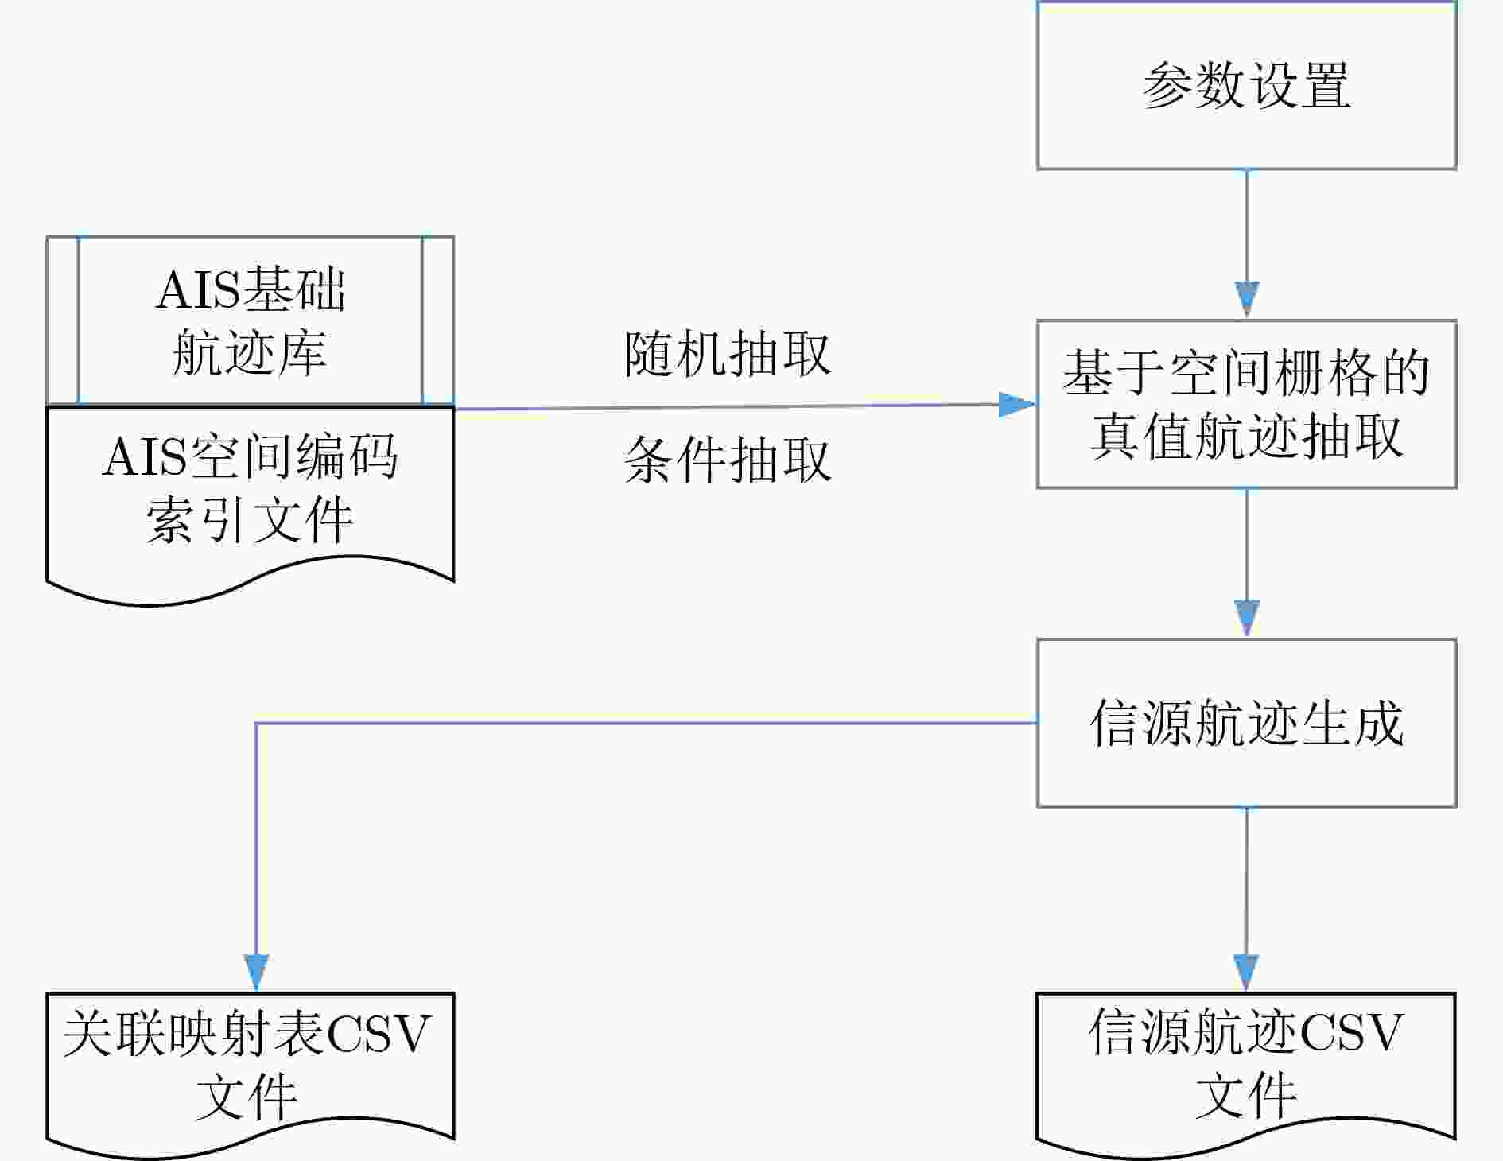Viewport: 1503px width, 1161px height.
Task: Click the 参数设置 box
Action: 1246,85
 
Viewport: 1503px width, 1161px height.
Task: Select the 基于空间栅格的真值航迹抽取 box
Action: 1246,404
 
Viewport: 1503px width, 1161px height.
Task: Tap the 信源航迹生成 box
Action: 1246,723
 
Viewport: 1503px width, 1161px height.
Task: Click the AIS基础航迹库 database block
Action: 250,320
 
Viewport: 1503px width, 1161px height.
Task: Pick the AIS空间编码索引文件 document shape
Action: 250,493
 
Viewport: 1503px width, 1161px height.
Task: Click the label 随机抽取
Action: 728,354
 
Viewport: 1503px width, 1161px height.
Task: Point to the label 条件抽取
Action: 728,460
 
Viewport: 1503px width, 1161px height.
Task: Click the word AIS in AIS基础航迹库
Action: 197,289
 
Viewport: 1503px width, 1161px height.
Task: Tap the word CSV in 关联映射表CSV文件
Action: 379,1034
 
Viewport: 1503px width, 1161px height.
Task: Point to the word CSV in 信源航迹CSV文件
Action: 1352,1032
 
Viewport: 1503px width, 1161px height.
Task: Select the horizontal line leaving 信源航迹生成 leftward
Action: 647,723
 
